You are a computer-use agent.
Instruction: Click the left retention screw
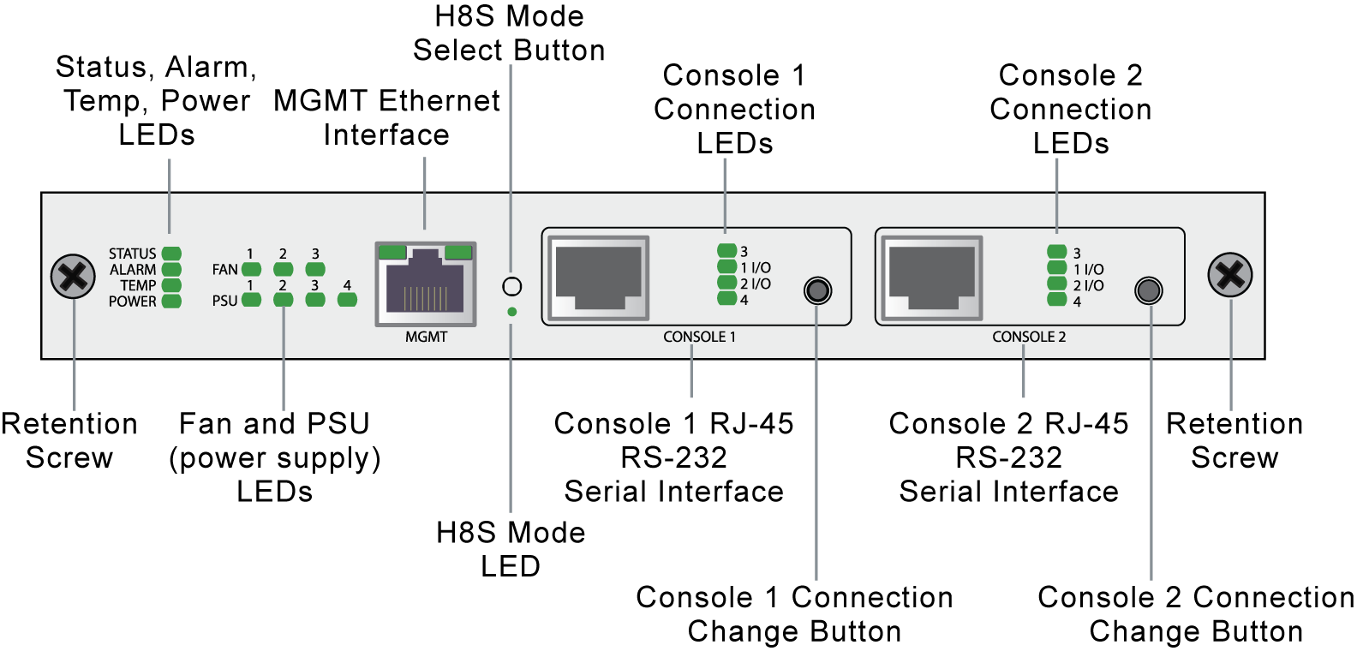pos(73,276)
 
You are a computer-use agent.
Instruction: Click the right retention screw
pos(1230,275)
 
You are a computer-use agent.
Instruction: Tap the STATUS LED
pos(171,254)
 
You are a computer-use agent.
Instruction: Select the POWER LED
pos(171,302)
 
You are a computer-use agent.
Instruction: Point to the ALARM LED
pos(171,269)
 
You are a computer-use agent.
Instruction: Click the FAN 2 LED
pos(283,269)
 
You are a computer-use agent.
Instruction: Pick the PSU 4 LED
pos(347,300)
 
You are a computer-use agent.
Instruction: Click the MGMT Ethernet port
pos(426,284)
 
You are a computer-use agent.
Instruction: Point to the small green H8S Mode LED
pos(512,312)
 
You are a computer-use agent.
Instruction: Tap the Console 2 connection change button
pos(1149,290)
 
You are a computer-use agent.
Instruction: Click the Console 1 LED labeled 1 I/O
pos(727,267)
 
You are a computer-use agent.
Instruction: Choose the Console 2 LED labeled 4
pos(1057,300)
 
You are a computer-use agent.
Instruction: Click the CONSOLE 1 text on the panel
pos(699,337)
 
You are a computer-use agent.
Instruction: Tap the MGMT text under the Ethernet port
pos(426,337)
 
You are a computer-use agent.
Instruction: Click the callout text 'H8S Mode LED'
pos(511,549)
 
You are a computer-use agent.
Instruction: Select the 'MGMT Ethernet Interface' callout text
pos(386,117)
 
